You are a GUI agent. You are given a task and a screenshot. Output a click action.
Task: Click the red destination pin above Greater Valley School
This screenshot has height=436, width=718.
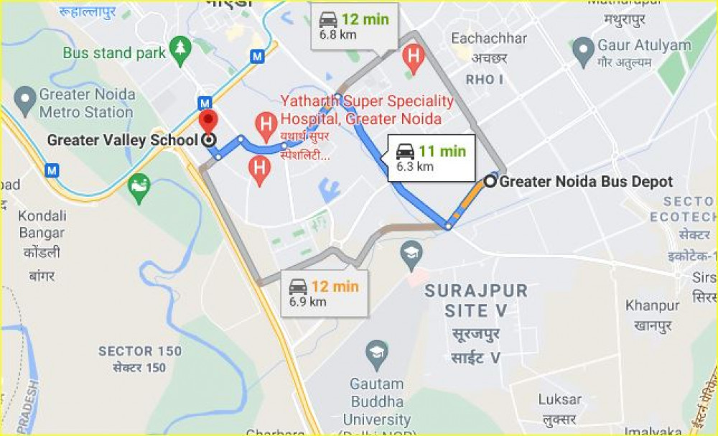click(208, 120)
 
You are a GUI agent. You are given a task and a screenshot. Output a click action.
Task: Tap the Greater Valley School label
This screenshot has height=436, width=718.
click(122, 140)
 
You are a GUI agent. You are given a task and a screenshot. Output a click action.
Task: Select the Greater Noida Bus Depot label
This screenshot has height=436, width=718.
click(586, 182)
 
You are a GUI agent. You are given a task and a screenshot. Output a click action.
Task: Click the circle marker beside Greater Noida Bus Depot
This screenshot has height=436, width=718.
click(490, 182)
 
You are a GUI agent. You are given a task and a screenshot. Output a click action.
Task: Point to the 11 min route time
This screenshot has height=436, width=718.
click(442, 152)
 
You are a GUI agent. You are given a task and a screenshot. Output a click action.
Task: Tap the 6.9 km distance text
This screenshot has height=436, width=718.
click(307, 302)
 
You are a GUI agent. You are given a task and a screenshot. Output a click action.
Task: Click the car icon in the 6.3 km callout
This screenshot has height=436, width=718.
click(405, 152)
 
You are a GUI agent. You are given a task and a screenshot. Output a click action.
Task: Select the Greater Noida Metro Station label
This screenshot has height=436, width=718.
click(86, 103)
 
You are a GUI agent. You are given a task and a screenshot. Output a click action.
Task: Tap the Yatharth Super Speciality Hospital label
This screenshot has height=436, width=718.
click(367, 110)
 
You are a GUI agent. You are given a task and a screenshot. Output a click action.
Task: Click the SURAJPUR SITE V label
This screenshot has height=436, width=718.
click(476, 301)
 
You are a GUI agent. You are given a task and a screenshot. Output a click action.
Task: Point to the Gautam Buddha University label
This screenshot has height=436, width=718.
click(377, 402)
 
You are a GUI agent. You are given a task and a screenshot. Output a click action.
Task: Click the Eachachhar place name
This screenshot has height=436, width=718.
click(488, 38)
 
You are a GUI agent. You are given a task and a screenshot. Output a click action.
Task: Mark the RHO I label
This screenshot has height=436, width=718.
click(485, 79)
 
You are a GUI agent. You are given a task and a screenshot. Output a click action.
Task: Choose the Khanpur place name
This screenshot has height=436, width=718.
click(652, 306)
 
